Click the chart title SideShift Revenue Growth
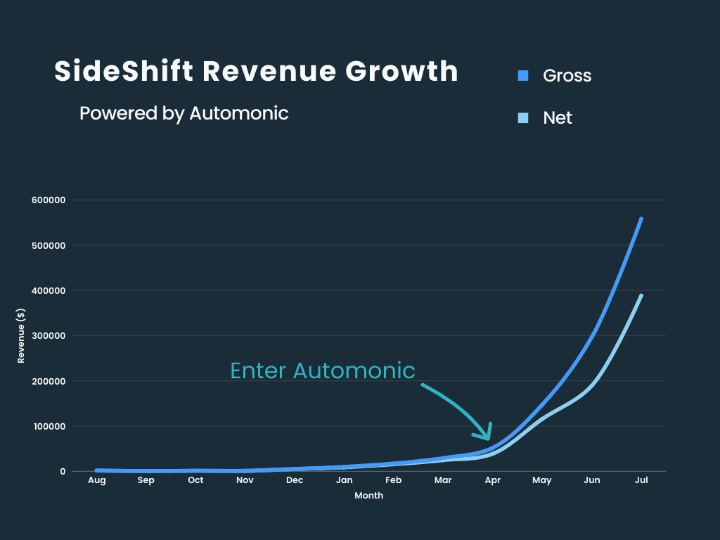point(257,72)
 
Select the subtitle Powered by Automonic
point(184,113)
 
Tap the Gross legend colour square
point(522,75)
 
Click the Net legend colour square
point(522,117)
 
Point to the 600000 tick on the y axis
point(49,200)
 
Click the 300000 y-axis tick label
point(49,335)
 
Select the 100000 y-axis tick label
point(49,426)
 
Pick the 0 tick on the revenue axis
point(63,471)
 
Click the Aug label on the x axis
point(96,480)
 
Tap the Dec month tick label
point(295,480)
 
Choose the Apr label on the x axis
point(492,480)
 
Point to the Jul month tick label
point(641,480)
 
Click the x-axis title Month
point(368,496)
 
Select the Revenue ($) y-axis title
point(21,335)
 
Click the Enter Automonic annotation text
point(323,371)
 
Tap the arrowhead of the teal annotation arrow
point(487,437)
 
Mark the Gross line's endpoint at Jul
point(641,219)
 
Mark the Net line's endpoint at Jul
point(641,295)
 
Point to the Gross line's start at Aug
point(97,470)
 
